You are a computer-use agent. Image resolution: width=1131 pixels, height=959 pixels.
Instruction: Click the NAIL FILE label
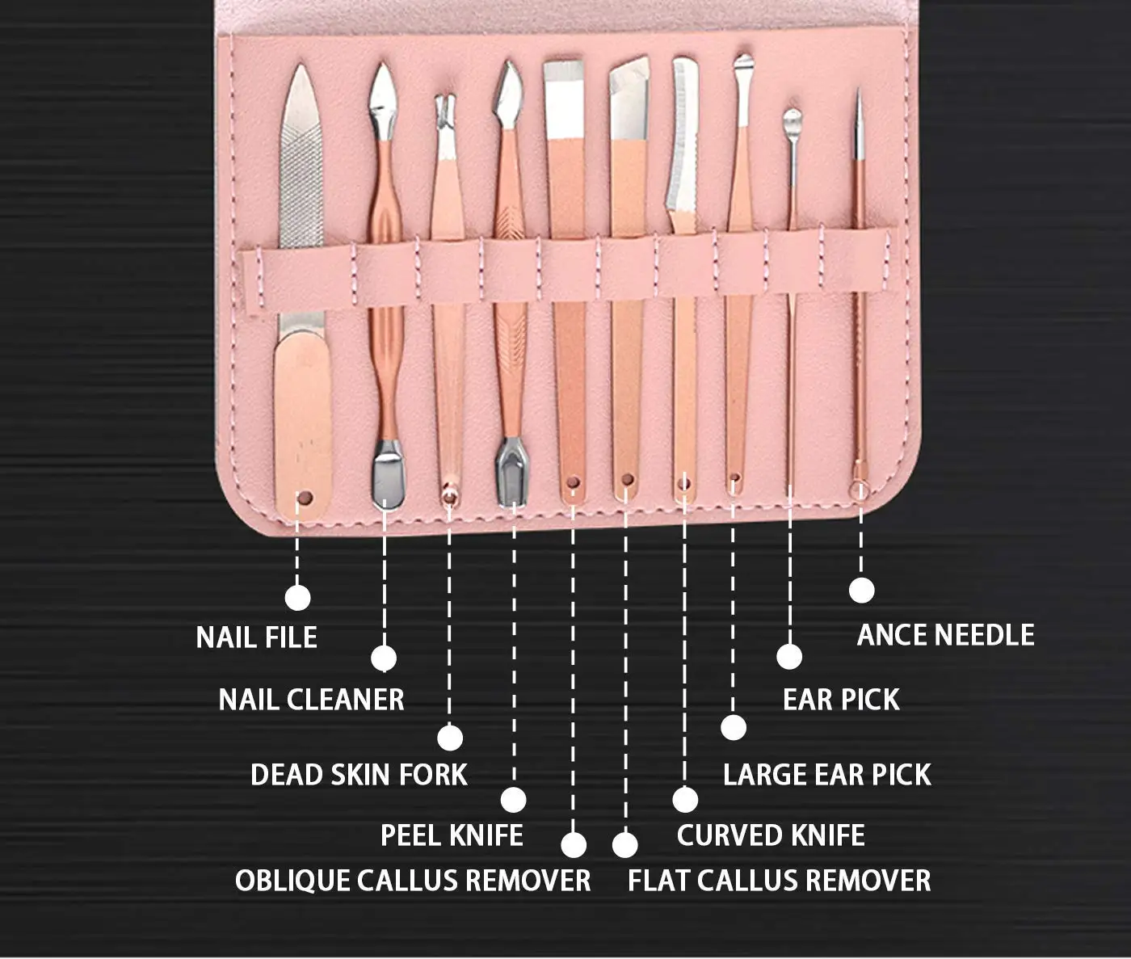256,637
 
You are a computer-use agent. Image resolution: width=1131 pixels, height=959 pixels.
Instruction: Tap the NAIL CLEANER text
311,700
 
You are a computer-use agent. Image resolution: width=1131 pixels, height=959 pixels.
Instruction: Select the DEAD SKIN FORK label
359,775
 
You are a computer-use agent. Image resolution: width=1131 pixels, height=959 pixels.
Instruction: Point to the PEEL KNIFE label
452,835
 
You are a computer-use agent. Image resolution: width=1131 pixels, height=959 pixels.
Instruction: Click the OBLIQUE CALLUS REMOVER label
413,881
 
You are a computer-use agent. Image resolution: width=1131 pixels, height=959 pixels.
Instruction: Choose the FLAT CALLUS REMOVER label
779,881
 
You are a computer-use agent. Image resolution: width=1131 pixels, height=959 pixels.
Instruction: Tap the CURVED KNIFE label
771,835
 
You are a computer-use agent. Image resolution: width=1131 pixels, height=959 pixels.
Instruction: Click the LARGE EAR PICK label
826,775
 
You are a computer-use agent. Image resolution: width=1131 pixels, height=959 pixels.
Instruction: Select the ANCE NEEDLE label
945,635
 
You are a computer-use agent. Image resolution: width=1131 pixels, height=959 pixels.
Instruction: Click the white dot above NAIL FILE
297,598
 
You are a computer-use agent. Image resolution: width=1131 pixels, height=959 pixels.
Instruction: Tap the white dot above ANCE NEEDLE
862,590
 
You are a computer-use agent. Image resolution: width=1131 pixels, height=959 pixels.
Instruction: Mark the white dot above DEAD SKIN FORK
450,737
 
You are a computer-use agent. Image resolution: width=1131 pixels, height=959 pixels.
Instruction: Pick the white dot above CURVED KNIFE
685,799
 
